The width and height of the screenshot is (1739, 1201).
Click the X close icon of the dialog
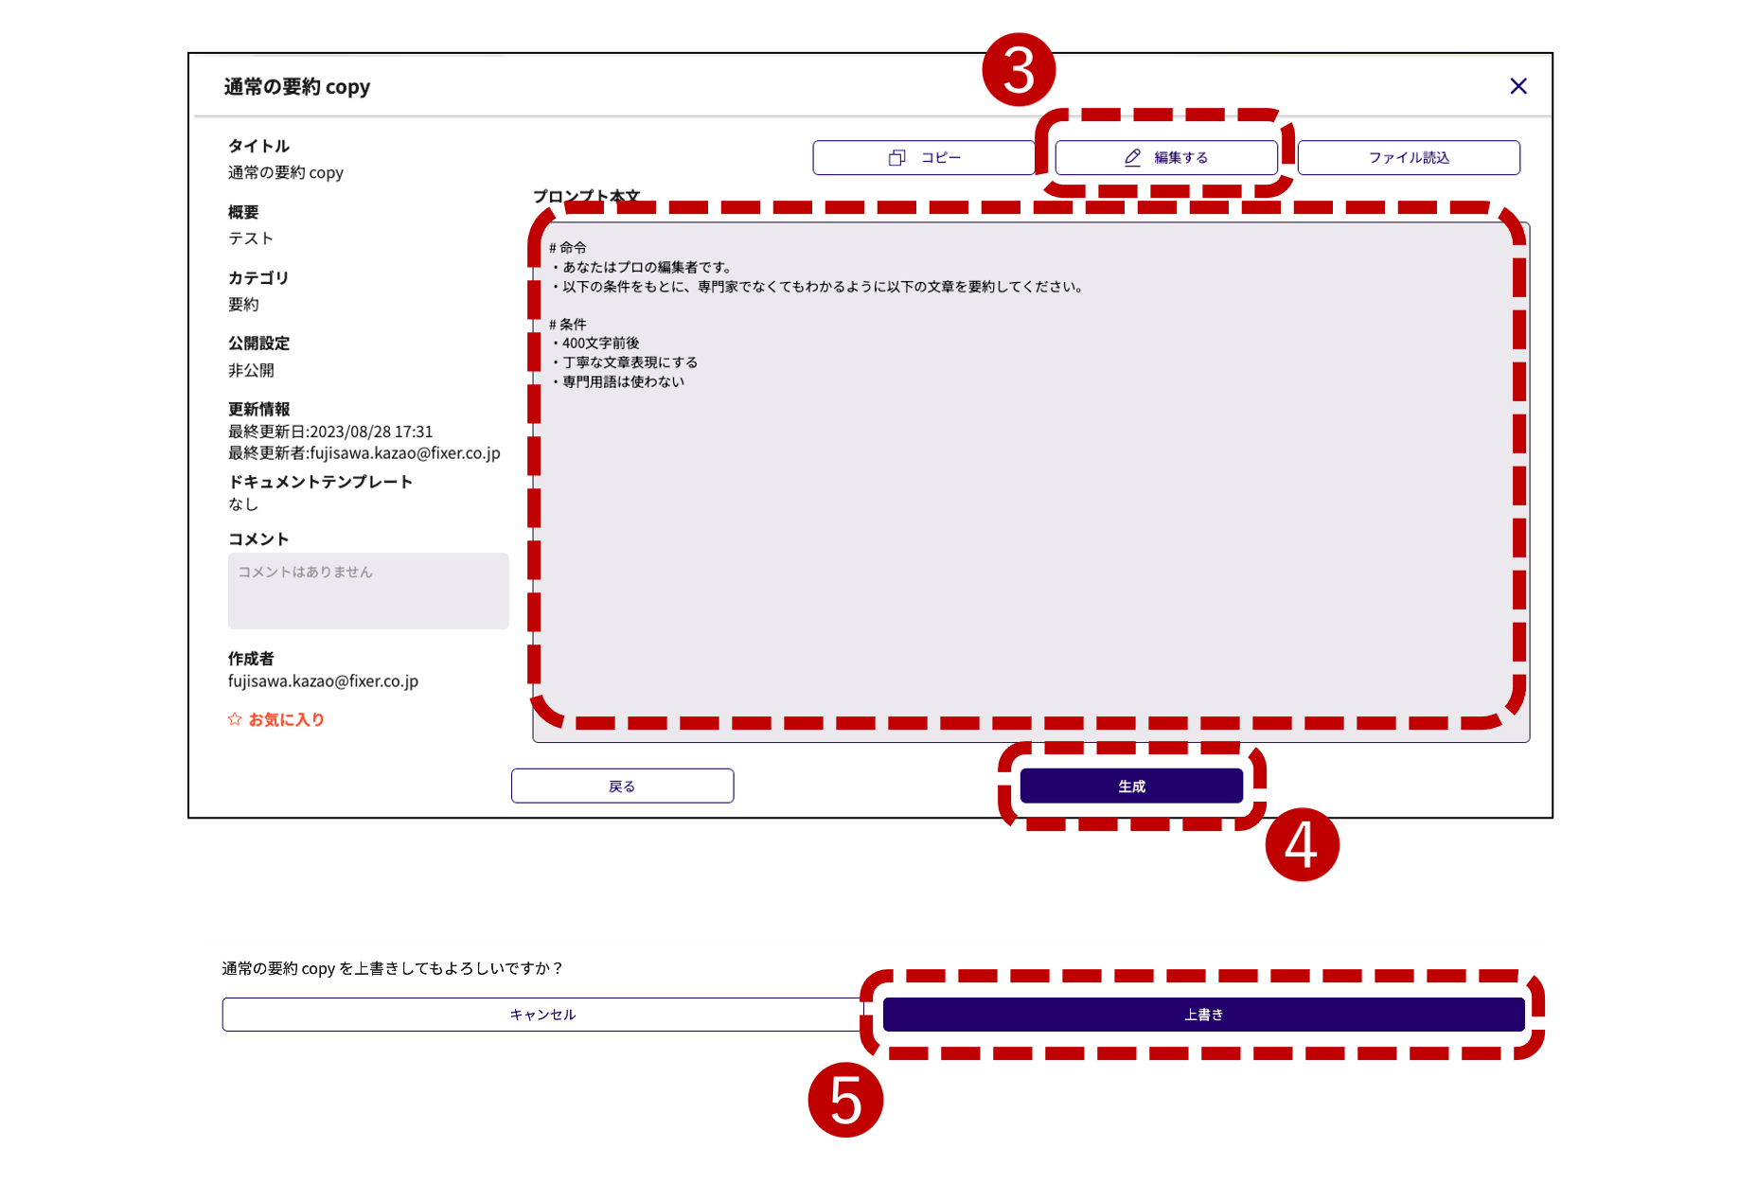pos(1518,86)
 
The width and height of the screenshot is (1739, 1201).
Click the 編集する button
pos(1166,158)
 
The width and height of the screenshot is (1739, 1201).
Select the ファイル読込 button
pos(1409,158)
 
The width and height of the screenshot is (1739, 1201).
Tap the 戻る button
pos(622,786)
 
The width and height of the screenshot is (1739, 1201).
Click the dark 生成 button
pos(1131,786)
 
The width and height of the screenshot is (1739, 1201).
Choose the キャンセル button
pos(542,1015)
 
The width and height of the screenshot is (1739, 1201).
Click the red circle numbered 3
pos(1019,70)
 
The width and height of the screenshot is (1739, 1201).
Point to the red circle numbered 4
pos(1302,844)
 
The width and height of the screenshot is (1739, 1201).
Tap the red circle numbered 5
pos(845,1100)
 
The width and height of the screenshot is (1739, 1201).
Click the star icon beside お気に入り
pos(235,719)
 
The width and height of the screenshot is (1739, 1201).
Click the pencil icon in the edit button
pos(1132,158)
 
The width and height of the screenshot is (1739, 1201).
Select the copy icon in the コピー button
pos(896,158)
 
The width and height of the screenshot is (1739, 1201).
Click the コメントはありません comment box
pos(368,591)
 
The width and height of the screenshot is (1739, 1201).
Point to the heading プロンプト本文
pos(586,196)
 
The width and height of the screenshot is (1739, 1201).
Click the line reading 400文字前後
pos(600,344)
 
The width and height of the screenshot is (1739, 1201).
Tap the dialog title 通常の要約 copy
pos(296,87)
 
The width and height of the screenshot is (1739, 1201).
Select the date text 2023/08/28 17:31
pos(371,432)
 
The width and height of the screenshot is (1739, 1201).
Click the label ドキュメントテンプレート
pos(320,482)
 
